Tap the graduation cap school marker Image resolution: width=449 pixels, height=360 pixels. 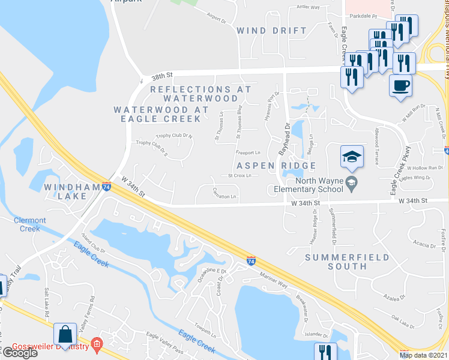pos(352,156)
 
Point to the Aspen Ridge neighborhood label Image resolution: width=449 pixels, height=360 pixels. pos(276,166)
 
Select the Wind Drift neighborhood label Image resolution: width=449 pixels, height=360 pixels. pos(271,30)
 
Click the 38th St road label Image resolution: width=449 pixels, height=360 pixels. pos(163,75)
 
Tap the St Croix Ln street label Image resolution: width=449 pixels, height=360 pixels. pos(238,176)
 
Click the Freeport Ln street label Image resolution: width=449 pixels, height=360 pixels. pos(248,153)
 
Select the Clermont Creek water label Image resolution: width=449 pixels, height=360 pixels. pos(26,224)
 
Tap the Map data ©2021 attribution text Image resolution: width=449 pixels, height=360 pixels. pos(423,355)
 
